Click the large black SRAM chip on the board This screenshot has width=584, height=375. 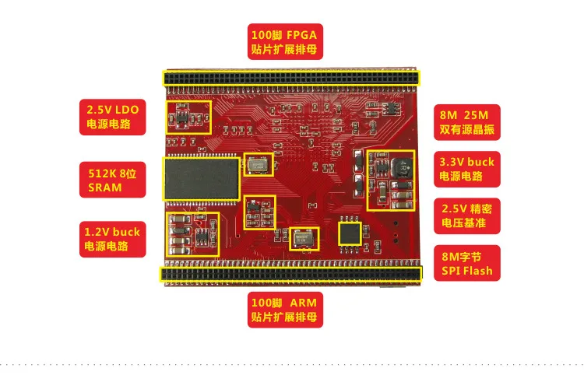201,179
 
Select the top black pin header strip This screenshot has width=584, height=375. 290,79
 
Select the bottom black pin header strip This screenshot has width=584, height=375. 290,273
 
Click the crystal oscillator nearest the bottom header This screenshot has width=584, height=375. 305,238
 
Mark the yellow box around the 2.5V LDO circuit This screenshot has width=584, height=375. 188,117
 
